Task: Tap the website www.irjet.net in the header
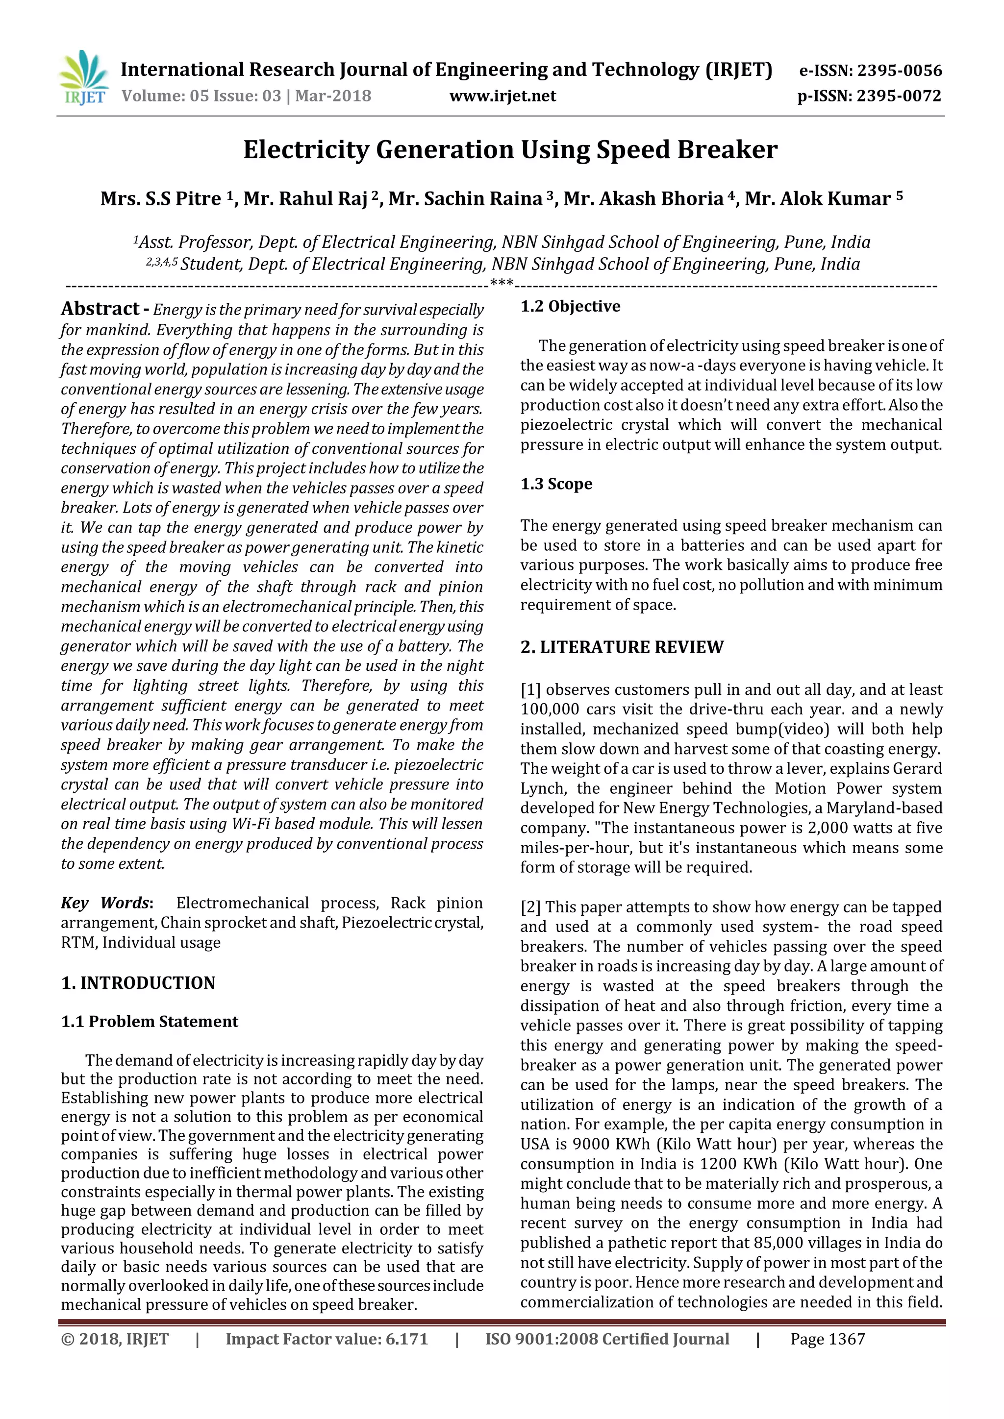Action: point(502,96)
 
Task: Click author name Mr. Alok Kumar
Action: point(817,198)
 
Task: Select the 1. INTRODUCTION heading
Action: point(138,983)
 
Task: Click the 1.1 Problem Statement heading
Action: point(149,1022)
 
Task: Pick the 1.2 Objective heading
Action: point(570,307)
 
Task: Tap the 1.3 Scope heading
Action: point(556,484)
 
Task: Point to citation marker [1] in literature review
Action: point(530,690)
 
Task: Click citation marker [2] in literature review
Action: point(530,907)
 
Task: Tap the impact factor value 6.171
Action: point(407,1339)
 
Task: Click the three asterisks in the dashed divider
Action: point(502,284)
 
